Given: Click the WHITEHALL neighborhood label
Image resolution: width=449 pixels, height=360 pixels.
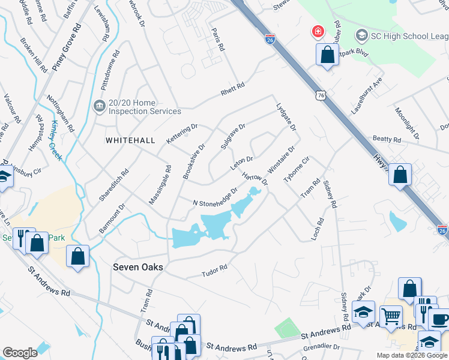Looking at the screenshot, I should coord(130,140).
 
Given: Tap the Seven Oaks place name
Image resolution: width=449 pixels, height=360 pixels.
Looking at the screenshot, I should coord(138,268).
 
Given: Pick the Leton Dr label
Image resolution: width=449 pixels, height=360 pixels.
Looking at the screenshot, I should coord(242,163).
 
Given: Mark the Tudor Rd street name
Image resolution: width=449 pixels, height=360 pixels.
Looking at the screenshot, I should coord(214,271).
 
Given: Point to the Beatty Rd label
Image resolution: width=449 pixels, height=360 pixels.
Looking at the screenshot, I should coord(387,139).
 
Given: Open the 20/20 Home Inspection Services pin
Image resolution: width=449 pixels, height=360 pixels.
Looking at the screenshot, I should coord(98,106).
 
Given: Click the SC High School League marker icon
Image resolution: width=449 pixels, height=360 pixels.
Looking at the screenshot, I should coord(362,35).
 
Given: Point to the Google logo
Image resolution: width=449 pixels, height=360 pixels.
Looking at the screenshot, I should coord(20,353).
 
